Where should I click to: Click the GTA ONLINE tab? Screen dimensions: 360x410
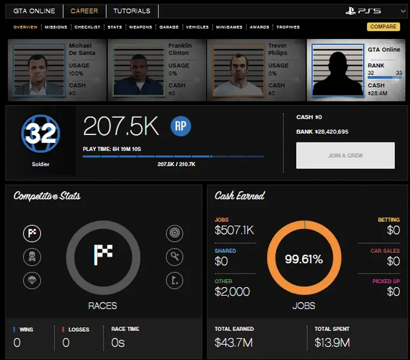pyautogui.click(x=35, y=11)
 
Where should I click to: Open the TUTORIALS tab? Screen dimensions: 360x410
pyautogui.click(x=132, y=11)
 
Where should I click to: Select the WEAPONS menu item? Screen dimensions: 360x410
pyautogui.click(x=140, y=27)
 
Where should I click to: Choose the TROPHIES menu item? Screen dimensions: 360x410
pyautogui.click(x=288, y=27)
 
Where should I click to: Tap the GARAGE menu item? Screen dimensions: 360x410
pyautogui.click(x=168, y=27)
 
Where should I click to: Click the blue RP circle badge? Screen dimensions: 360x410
pyautogui.click(x=181, y=126)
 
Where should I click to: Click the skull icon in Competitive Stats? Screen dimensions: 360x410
pyautogui.click(x=32, y=257)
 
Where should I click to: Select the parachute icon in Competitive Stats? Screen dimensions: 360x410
pyautogui.click(x=32, y=280)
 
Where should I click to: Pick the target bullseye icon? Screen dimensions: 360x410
pyautogui.click(x=174, y=234)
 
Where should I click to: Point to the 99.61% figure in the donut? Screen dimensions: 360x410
pyautogui.click(x=304, y=259)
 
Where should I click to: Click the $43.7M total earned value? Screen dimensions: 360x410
pyautogui.click(x=234, y=342)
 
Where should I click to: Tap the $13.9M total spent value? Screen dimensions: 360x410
pyautogui.click(x=332, y=342)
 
